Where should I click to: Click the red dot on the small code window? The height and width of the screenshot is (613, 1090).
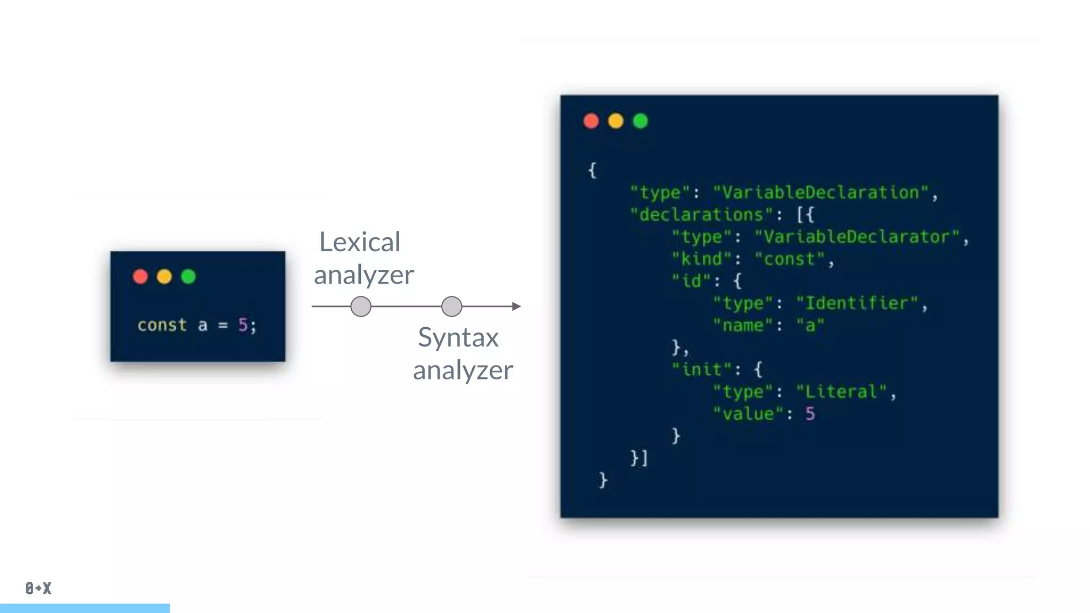coord(140,277)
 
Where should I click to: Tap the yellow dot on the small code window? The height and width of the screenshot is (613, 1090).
coord(164,277)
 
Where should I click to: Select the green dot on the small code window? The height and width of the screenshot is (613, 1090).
coord(188,277)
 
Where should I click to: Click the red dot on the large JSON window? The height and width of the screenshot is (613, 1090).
coord(591,121)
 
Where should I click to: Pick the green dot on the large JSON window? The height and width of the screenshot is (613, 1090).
coord(640,121)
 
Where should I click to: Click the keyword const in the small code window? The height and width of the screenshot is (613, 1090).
coord(162,325)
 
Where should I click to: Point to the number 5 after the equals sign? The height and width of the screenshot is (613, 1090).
coord(243,325)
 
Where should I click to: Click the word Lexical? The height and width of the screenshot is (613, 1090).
coord(360,243)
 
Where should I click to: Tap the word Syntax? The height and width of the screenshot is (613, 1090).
coord(458,338)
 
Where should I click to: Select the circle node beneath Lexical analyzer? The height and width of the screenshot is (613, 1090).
coord(361,306)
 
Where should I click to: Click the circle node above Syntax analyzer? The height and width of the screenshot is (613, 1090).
coord(452,306)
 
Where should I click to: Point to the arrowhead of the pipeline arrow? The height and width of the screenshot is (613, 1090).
coord(516,306)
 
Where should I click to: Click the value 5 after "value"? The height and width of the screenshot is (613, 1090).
coord(810,414)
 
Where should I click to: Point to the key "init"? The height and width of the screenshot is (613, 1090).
coord(701,370)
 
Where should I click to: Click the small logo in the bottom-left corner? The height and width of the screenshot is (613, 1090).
coord(38,588)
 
